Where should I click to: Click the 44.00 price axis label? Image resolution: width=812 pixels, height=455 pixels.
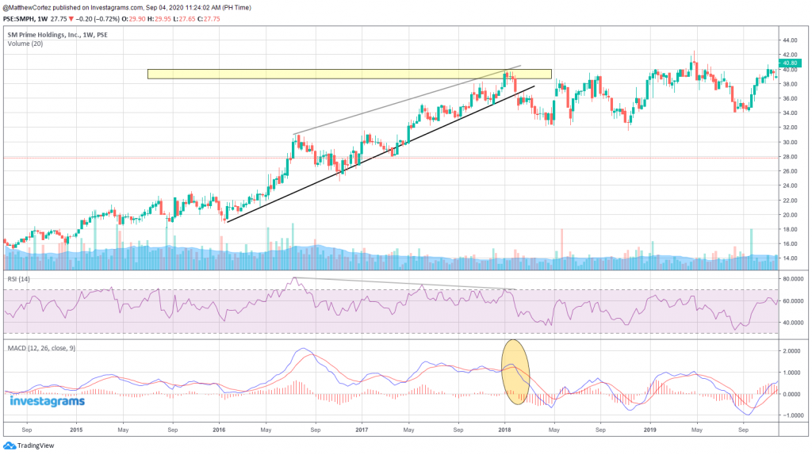[791, 40]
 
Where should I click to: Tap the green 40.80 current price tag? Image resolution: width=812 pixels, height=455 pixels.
[790, 63]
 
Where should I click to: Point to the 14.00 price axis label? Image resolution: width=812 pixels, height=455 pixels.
[791, 258]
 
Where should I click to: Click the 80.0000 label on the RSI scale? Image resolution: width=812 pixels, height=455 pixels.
[794, 279]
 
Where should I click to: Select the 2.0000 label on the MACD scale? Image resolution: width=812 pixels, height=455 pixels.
[793, 350]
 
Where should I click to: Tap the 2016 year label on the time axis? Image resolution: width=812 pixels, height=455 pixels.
[220, 430]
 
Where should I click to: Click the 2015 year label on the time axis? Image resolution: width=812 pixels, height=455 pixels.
[76, 430]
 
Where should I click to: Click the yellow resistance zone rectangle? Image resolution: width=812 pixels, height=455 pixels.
[349, 74]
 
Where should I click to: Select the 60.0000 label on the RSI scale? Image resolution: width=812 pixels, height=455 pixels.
[794, 301]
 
